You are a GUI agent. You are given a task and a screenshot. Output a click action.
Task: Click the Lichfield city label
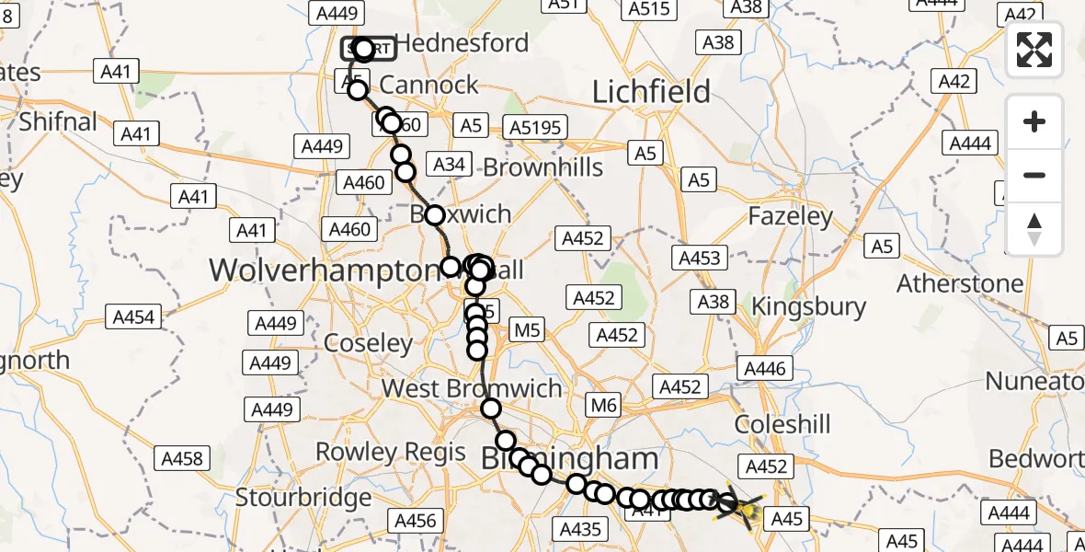(x=651, y=92)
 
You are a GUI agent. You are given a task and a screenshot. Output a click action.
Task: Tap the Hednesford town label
(x=462, y=43)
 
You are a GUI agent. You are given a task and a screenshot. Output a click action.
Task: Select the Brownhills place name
(x=542, y=167)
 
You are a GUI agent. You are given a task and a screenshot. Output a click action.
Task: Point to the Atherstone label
(x=960, y=282)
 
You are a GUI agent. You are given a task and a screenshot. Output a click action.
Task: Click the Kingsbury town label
(x=809, y=306)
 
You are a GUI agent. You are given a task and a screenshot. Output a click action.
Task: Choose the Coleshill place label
(x=782, y=424)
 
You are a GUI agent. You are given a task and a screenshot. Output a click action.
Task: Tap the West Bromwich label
(x=472, y=388)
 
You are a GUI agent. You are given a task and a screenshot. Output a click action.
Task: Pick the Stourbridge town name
(x=303, y=498)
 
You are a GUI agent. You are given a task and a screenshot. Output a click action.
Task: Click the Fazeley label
(x=791, y=217)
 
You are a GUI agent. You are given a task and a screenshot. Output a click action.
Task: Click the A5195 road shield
(x=535, y=127)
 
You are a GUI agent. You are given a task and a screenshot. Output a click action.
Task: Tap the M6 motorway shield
(x=603, y=404)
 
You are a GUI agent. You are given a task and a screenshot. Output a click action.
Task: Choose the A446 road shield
(x=765, y=369)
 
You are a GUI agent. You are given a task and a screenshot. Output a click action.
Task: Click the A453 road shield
(x=699, y=259)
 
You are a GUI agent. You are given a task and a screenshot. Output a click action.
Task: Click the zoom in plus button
(x=1034, y=121)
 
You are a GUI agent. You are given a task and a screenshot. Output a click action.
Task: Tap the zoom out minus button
(x=1034, y=175)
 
